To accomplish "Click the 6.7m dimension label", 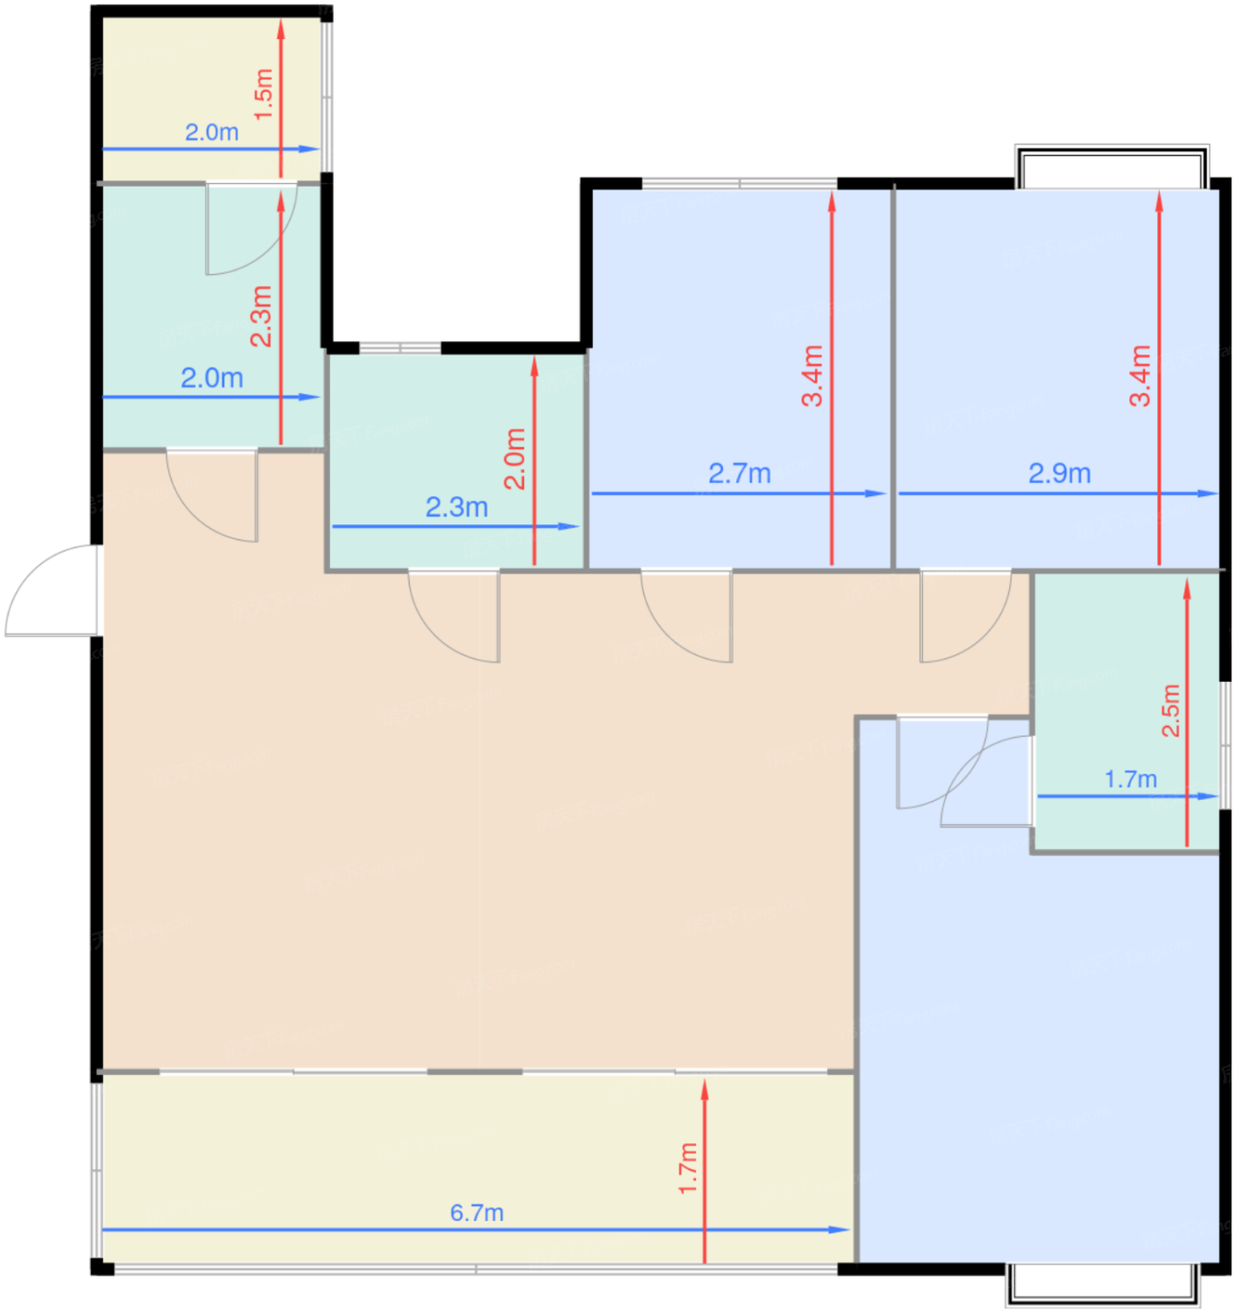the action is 476,1214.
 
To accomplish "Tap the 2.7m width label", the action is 739,474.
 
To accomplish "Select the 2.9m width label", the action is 1060,474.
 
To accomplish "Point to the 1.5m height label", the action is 264,94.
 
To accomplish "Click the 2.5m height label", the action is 1170,711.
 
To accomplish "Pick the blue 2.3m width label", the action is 457,507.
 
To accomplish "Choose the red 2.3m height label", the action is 262,316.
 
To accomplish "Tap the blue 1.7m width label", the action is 1131,779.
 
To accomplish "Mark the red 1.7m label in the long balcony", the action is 688,1169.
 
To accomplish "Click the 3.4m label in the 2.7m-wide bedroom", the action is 813,375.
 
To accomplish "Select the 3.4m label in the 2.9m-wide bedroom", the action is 1140,375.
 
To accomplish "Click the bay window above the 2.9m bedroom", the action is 1112,167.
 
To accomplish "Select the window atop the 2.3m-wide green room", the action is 400,348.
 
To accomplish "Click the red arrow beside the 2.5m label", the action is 1187,713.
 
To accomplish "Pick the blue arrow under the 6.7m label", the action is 476,1230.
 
